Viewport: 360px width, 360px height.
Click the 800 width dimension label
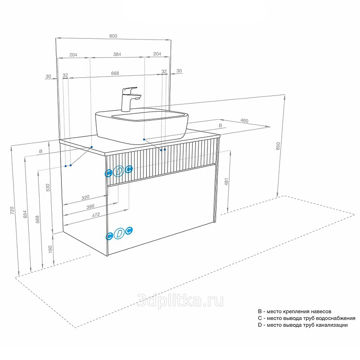click(113, 36)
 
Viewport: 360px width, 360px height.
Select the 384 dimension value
click(117, 54)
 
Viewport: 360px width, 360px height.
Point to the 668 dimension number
click(115, 73)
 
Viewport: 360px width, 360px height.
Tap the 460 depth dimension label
click(244, 121)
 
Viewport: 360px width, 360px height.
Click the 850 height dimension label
click(278, 146)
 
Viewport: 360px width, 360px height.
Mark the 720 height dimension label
click(12, 211)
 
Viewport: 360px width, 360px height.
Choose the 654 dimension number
click(25, 214)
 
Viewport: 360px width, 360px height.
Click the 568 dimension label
click(38, 219)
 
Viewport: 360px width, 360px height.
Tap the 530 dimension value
click(48, 188)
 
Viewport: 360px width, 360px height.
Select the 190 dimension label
click(50, 249)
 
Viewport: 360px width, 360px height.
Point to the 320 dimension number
click(85, 198)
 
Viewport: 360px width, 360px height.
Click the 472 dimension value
click(96, 215)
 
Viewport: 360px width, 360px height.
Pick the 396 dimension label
click(90, 207)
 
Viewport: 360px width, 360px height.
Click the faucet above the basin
click(130, 99)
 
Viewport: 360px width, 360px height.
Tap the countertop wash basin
click(142, 126)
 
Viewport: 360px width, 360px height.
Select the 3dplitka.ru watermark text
click(180, 301)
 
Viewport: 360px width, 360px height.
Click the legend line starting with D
click(302, 325)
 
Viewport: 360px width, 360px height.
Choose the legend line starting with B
click(295, 311)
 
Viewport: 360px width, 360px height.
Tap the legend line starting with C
click(306, 318)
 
